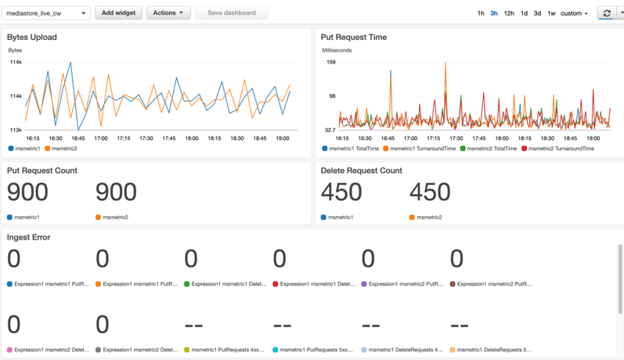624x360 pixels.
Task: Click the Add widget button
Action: point(118,13)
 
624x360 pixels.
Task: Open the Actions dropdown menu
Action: point(168,13)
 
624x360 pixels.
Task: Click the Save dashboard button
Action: point(231,13)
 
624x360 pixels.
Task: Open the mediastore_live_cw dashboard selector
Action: point(46,13)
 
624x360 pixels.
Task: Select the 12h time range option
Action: point(509,13)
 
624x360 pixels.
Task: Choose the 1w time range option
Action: point(551,13)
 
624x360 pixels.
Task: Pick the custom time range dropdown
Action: point(574,13)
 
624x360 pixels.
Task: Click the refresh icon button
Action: point(606,13)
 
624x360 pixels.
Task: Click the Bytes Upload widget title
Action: point(32,37)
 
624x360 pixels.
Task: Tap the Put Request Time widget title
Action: point(354,37)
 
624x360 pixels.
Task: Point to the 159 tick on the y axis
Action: point(330,62)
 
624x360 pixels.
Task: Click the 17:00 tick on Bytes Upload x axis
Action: point(101,139)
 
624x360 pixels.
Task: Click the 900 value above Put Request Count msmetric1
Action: point(27,192)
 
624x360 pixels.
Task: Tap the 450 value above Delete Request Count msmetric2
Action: point(430,192)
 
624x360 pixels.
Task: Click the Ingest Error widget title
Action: point(29,237)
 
